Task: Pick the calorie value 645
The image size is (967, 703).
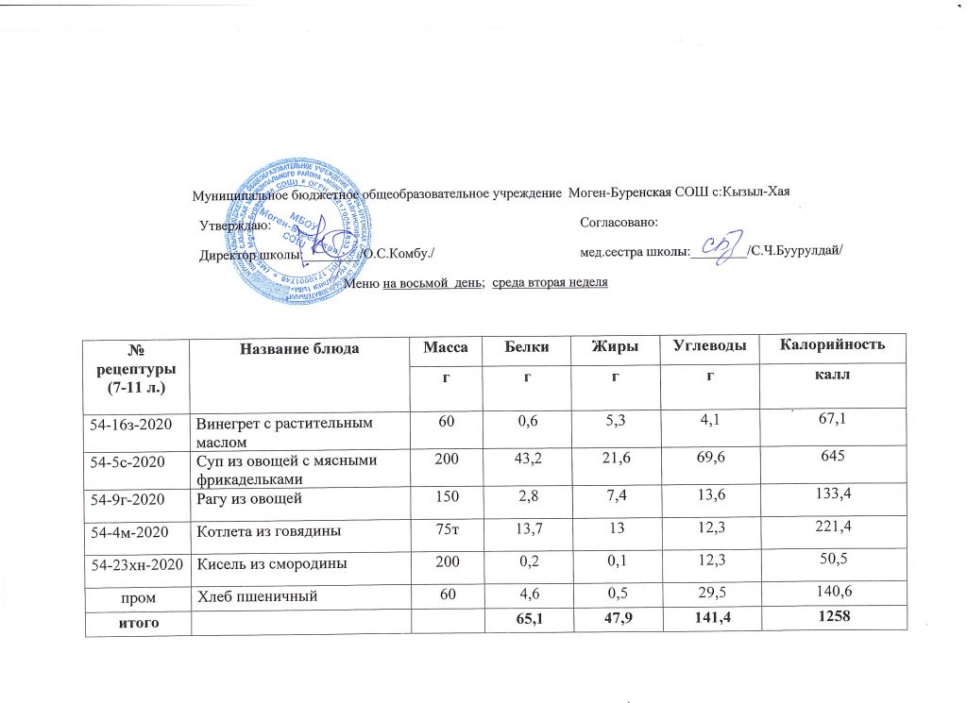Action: (832, 461)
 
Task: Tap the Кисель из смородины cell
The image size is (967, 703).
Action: (267, 563)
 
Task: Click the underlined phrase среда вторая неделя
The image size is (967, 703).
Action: (551, 283)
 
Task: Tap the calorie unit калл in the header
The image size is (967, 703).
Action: (832, 376)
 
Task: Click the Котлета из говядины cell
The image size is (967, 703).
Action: (268, 532)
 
